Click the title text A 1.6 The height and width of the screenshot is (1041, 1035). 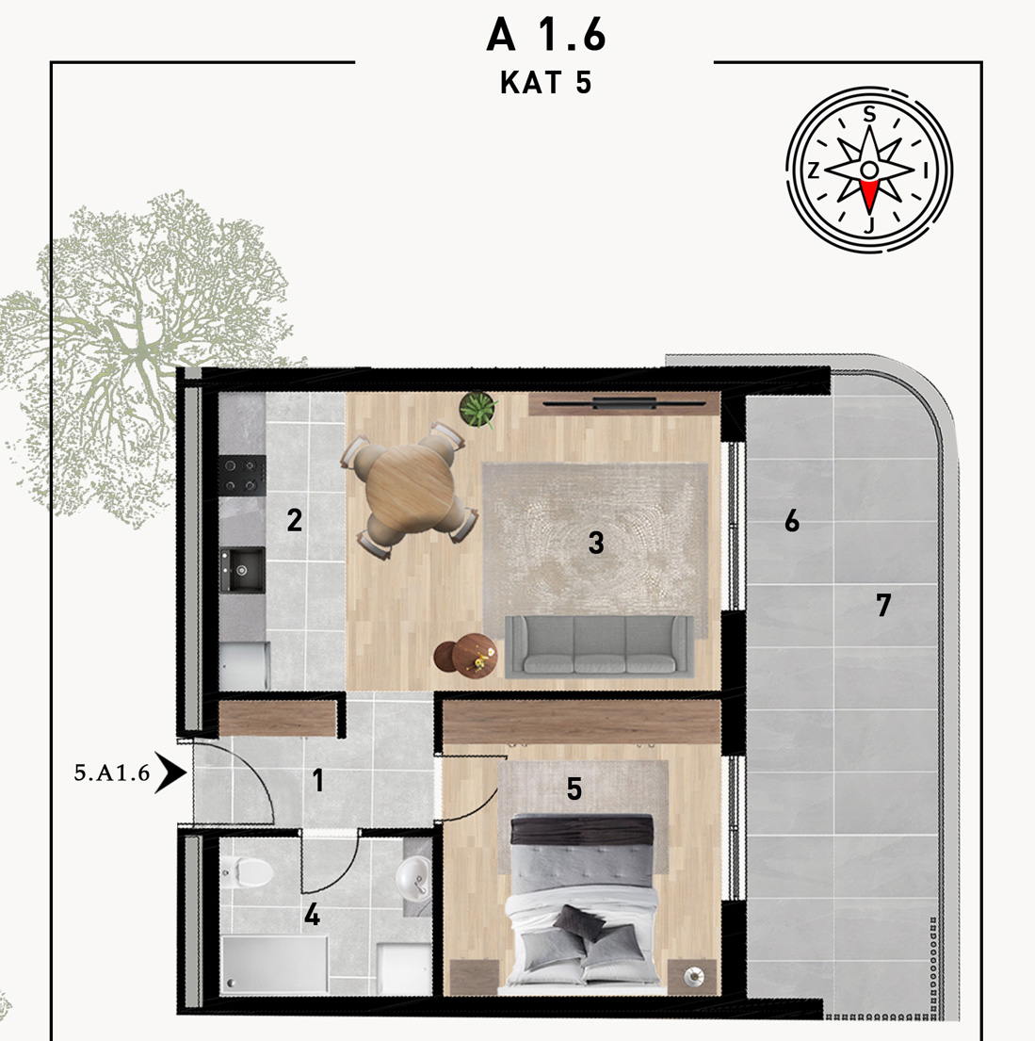coord(545,35)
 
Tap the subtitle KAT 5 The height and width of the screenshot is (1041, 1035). coord(545,83)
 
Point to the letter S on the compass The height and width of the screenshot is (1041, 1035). coord(869,115)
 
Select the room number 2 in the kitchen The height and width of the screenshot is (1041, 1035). coord(294,520)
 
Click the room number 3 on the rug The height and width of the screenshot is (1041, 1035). coord(596,543)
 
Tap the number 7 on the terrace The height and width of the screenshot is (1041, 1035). coord(883,605)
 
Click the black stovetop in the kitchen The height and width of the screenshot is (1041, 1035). coord(242,476)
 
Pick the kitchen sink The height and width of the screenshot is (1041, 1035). coord(242,570)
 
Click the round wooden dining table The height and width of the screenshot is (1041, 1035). coord(409,489)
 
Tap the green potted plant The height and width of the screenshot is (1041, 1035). coord(478,409)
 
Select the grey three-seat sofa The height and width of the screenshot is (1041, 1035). coord(599,646)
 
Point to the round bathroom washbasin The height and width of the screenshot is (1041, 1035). coord(413,877)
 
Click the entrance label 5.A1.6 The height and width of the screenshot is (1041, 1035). coord(112,773)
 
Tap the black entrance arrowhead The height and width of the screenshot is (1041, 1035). coord(170,773)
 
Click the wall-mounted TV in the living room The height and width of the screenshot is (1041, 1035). coord(624,402)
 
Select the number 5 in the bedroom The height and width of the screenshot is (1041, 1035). coord(574,789)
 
